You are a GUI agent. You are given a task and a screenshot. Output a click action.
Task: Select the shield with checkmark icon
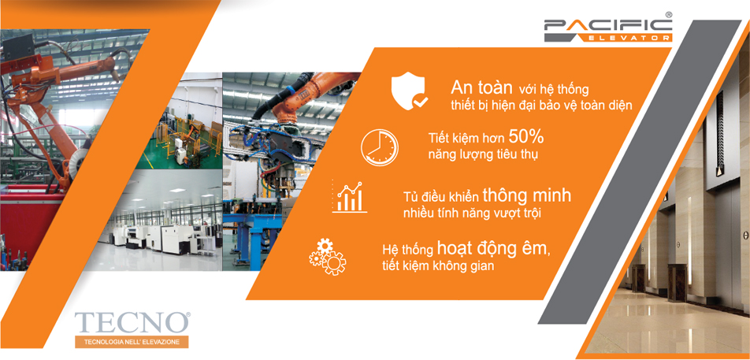(x=410, y=91)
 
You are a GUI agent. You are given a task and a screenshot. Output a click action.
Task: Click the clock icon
(x=380, y=146)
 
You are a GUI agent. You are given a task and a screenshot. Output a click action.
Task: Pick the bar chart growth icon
(x=348, y=198)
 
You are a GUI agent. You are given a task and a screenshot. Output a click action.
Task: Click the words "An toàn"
(x=481, y=87)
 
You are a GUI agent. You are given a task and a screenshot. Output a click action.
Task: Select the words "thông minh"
(x=527, y=195)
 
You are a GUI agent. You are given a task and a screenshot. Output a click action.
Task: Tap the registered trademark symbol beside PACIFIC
(x=669, y=14)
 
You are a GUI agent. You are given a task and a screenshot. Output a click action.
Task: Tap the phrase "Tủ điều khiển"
(x=440, y=197)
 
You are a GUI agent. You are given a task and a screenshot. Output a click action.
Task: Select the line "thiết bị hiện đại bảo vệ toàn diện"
(x=541, y=106)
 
